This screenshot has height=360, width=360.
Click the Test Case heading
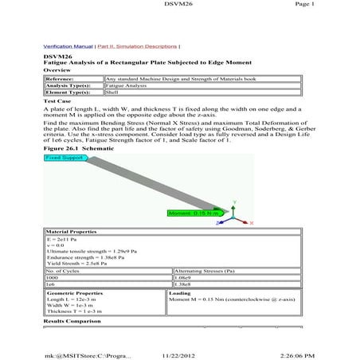58,101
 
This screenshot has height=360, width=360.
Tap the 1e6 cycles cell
51,283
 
